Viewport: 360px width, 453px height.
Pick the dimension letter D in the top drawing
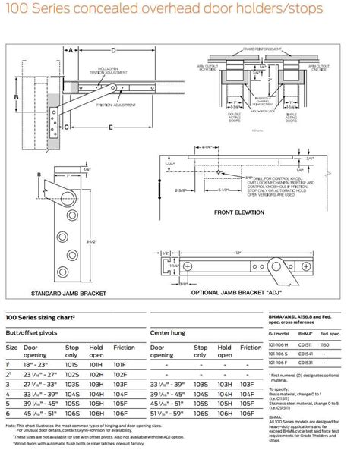pyautogui.click(x=114, y=50)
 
